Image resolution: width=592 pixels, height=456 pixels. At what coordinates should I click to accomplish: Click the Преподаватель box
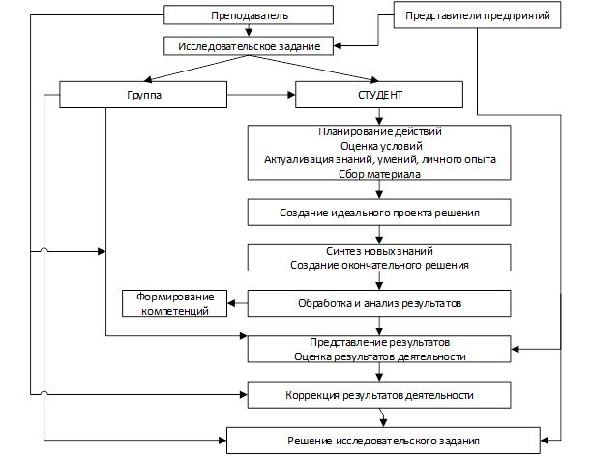click(249, 15)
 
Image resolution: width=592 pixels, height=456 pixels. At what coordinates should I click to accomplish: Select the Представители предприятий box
click(477, 15)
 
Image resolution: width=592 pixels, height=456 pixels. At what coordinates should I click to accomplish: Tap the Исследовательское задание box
click(249, 46)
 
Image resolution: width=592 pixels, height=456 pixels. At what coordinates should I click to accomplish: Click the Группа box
click(143, 95)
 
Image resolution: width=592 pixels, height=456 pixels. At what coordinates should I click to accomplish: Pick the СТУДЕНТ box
click(379, 95)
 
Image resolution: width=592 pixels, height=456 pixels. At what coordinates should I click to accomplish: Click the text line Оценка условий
click(381, 146)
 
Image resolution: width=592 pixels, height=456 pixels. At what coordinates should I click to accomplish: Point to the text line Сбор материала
click(379, 174)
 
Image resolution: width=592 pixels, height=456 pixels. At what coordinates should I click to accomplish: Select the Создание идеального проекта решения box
click(379, 213)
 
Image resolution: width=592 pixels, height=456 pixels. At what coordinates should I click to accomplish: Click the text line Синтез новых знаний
click(379, 251)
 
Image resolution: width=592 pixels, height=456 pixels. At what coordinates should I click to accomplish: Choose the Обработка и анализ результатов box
click(379, 303)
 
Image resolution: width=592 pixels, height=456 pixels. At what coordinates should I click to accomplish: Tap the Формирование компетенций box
click(174, 303)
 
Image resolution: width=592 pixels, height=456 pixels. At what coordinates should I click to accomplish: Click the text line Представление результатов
click(380, 342)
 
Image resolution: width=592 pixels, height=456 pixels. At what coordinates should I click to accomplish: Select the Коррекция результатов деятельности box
click(379, 395)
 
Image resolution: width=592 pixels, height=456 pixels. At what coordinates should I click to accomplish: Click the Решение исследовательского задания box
click(383, 441)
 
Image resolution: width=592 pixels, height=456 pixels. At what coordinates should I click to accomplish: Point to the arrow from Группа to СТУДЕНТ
click(261, 95)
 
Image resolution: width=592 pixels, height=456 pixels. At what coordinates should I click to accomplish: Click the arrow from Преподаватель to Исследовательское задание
click(249, 31)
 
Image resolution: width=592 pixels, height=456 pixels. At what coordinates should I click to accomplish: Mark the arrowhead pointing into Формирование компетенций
click(231, 303)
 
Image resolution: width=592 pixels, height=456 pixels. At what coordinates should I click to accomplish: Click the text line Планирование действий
click(380, 131)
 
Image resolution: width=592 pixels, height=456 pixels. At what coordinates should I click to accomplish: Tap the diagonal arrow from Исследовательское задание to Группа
click(196, 69)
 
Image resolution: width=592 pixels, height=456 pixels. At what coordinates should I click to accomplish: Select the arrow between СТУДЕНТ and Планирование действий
click(379, 117)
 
